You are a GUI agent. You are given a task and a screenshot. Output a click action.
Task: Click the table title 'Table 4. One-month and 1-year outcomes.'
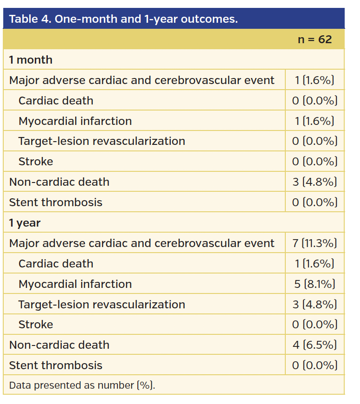click(123, 19)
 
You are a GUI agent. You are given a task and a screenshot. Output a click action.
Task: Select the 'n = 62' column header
click(315, 39)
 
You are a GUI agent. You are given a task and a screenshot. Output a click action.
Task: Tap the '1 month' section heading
click(31, 60)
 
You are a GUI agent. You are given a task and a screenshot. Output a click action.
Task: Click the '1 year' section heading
click(25, 223)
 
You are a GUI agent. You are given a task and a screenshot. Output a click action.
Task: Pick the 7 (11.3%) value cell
click(315, 243)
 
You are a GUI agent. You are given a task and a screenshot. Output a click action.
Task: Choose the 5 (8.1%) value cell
click(315, 284)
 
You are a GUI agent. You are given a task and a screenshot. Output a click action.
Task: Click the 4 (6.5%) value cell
click(315, 345)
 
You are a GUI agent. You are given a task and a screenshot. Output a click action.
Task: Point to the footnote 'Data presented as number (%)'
click(82, 385)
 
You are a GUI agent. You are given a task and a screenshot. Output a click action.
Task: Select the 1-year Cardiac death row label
click(56, 264)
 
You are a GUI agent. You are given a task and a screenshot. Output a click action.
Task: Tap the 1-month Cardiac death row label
click(56, 101)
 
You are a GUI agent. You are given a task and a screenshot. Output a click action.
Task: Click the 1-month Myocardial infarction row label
click(75, 121)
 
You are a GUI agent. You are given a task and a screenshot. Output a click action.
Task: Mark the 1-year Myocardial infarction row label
click(75, 284)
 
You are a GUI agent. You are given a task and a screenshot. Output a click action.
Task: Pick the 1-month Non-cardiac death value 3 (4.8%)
click(315, 182)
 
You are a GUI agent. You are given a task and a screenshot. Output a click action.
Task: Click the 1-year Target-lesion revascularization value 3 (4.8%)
click(315, 305)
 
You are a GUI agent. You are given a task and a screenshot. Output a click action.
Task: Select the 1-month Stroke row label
click(36, 162)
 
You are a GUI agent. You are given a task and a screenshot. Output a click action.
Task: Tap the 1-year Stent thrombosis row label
click(56, 365)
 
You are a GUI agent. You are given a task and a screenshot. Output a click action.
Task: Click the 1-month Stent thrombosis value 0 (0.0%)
click(315, 202)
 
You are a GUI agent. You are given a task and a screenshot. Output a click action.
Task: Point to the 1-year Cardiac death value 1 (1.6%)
click(315, 264)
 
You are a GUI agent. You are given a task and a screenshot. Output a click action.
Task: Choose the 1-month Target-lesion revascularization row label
click(102, 141)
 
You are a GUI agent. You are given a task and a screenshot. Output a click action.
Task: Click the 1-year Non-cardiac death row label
click(59, 345)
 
